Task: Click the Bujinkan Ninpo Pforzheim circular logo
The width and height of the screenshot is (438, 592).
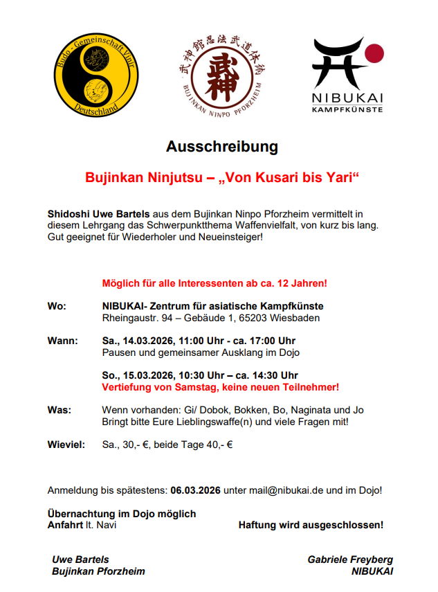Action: [x=219, y=75]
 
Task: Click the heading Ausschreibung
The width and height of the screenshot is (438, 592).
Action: [x=221, y=147]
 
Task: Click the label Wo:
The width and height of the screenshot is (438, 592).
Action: [x=57, y=306]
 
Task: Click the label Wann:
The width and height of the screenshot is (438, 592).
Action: [x=62, y=341]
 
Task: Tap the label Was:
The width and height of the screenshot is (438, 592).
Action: [x=59, y=410]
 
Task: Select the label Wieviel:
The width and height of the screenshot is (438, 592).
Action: [x=66, y=445]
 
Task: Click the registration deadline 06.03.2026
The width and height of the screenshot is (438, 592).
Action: [x=195, y=490]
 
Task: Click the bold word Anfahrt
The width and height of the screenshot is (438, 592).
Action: [x=66, y=525]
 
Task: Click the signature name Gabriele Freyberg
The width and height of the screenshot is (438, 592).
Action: [x=350, y=559]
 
